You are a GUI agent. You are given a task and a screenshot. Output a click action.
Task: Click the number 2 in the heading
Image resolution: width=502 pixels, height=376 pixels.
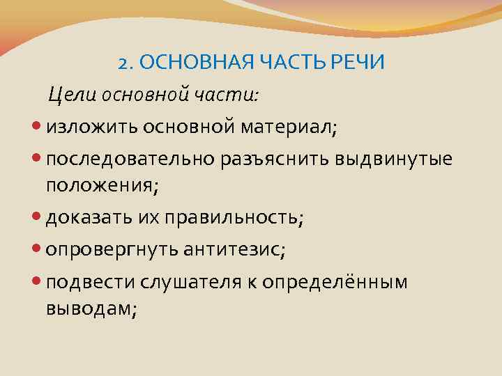tap(123, 63)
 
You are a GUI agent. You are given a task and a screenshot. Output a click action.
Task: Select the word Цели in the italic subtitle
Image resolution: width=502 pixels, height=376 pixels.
tap(71, 94)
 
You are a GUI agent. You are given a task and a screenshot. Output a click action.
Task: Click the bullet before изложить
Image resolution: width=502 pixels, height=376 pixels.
tap(38, 127)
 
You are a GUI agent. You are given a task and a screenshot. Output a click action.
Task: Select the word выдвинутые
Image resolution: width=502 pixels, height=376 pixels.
tap(394, 159)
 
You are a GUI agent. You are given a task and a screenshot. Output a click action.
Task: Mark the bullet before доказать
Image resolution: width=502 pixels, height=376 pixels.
tap(38, 218)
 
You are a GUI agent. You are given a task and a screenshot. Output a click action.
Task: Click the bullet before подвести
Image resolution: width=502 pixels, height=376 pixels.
tap(38, 282)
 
